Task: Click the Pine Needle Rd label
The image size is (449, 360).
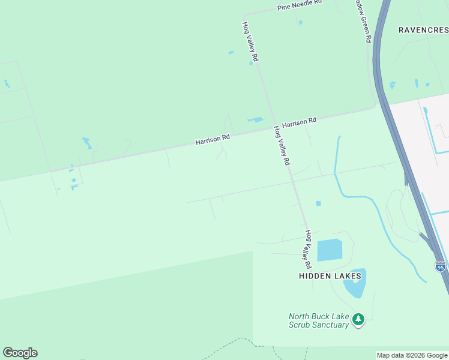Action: tap(300, 5)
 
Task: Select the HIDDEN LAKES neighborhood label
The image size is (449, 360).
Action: tap(331, 276)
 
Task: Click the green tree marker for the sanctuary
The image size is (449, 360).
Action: tap(358, 319)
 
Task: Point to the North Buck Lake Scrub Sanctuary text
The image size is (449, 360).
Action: tap(319, 320)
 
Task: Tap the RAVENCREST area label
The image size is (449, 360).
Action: tap(423, 29)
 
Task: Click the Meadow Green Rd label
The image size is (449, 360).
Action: tap(364, 20)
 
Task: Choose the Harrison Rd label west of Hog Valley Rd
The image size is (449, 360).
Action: tap(212, 140)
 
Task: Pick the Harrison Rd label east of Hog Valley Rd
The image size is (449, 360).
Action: tap(299, 123)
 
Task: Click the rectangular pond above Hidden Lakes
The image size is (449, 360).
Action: tap(329, 250)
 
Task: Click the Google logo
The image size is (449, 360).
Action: tap(20, 353)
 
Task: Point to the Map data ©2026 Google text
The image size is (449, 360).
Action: tap(412, 355)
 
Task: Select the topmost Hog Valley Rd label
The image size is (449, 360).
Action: tap(250, 42)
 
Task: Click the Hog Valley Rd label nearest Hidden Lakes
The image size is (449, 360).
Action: tap(308, 248)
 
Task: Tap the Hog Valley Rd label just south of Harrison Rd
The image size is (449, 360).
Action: tap(282, 145)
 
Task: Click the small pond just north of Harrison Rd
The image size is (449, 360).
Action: tap(256, 119)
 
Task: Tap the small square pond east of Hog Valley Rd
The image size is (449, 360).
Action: tap(318, 203)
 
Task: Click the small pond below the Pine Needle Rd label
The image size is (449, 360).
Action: tap(300, 23)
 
